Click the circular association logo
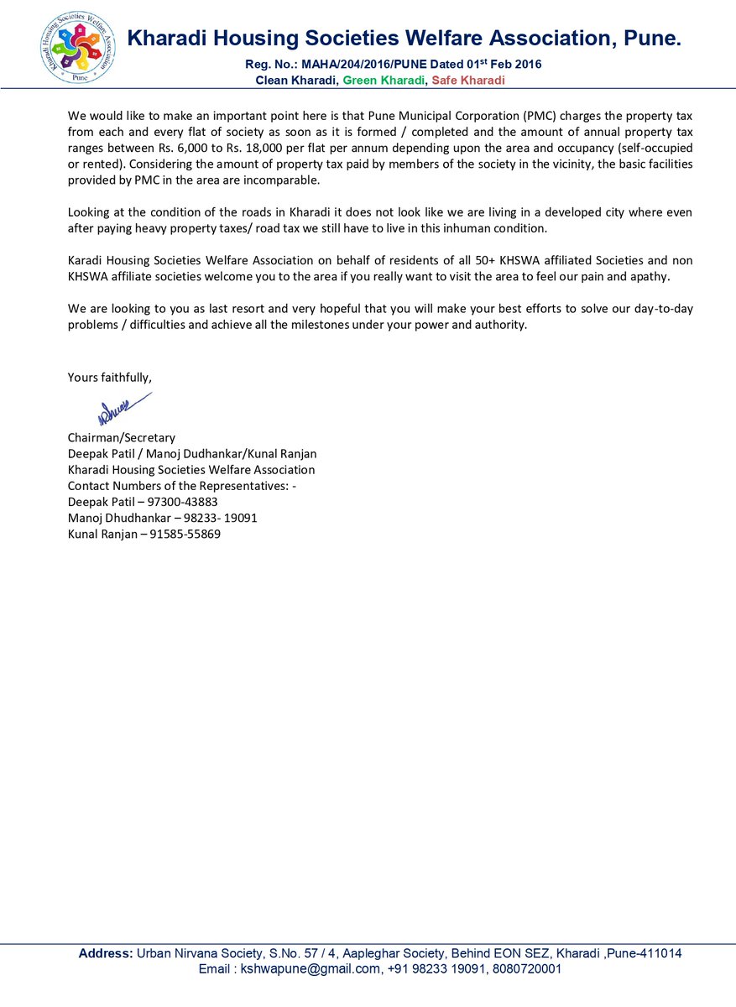coord(79,45)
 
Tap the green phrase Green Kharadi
coord(382,81)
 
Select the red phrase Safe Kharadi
coord(468,81)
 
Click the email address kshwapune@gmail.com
coord(310,968)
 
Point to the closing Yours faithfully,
coord(110,378)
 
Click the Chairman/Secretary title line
coord(122,437)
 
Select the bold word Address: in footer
coord(106,953)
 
